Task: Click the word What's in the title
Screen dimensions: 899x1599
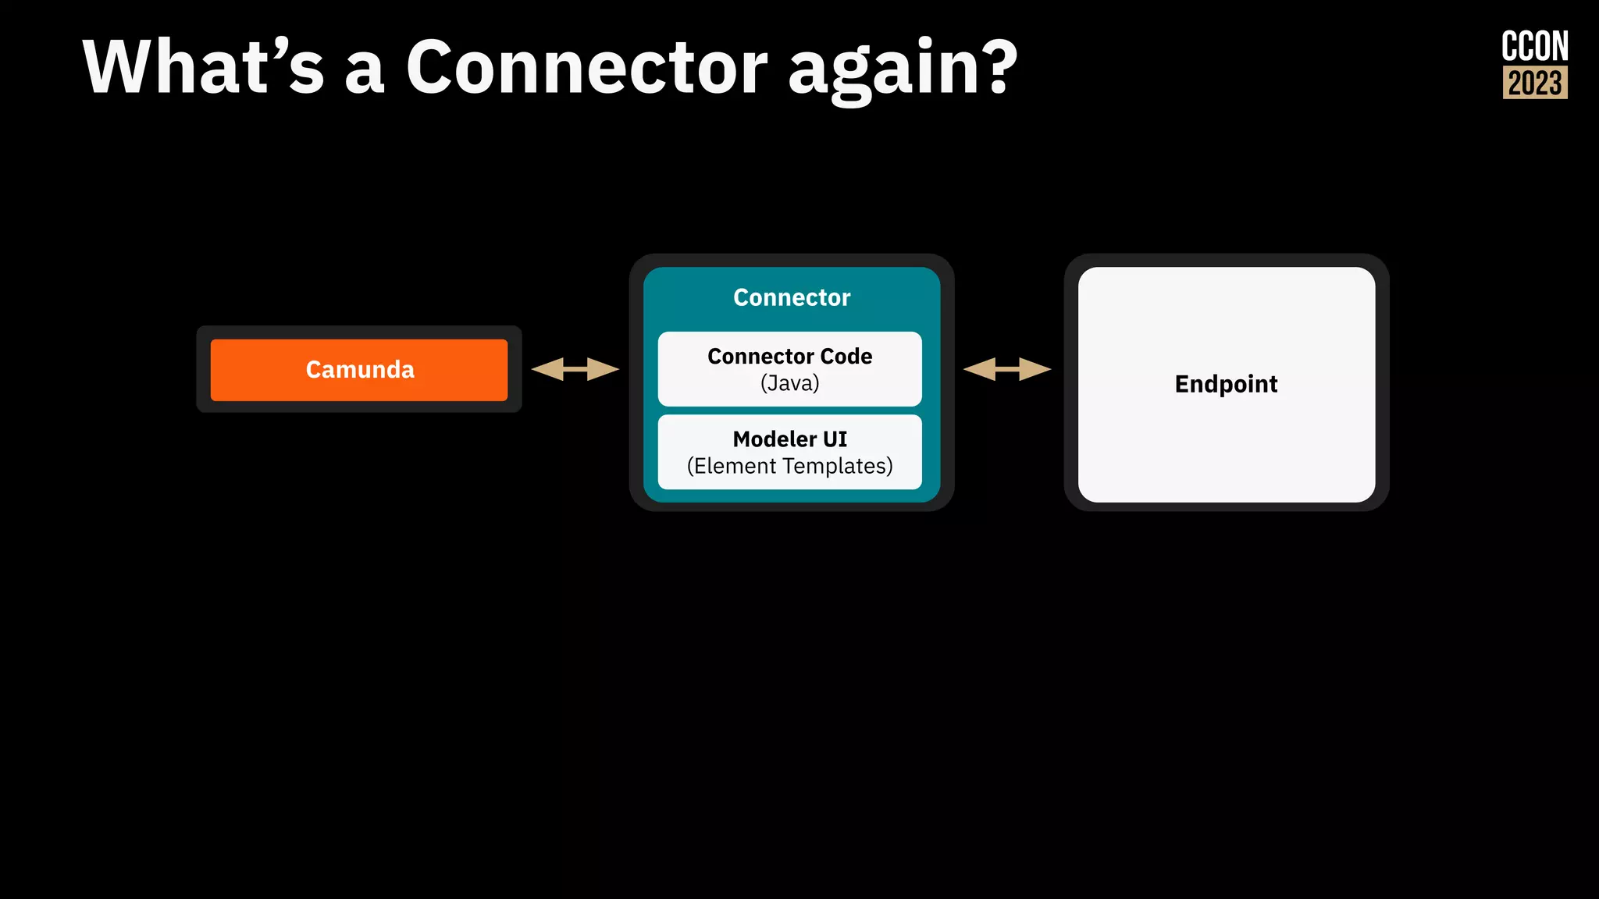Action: coord(203,69)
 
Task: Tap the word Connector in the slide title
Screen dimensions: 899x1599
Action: coord(587,69)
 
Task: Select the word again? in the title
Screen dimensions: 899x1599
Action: coord(902,70)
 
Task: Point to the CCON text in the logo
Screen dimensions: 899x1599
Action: coord(1534,47)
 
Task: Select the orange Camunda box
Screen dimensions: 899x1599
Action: coord(359,369)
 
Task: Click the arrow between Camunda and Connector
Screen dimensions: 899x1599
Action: coord(575,369)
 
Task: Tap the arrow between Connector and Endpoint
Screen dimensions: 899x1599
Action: coord(1007,369)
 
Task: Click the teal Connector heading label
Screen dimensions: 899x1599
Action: coord(791,297)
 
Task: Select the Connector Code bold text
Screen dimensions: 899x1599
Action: coord(789,357)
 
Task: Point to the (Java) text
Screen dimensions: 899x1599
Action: coord(789,383)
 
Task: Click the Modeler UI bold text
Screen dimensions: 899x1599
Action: coord(789,439)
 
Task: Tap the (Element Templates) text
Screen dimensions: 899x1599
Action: coord(789,466)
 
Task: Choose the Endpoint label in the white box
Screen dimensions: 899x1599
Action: coord(1226,384)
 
